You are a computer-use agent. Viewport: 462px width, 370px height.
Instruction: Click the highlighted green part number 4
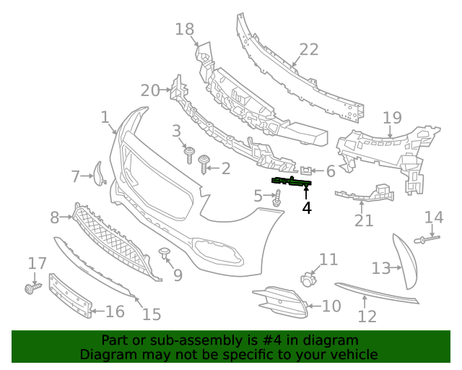tap(291, 181)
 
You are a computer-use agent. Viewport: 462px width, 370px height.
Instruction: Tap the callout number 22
tap(309, 50)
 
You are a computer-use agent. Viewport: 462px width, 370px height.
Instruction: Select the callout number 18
tap(185, 29)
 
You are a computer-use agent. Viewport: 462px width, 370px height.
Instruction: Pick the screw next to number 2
tap(205, 164)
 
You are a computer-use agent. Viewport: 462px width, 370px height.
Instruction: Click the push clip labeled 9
tap(164, 254)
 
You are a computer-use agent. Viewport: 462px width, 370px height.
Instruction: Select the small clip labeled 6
tap(306, 171)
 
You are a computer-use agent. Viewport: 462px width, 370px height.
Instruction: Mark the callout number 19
tap(392, 118)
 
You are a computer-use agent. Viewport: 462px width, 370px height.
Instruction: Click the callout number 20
tap(150, 90)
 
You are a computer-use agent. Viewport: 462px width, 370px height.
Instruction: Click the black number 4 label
tap(307, 208)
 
